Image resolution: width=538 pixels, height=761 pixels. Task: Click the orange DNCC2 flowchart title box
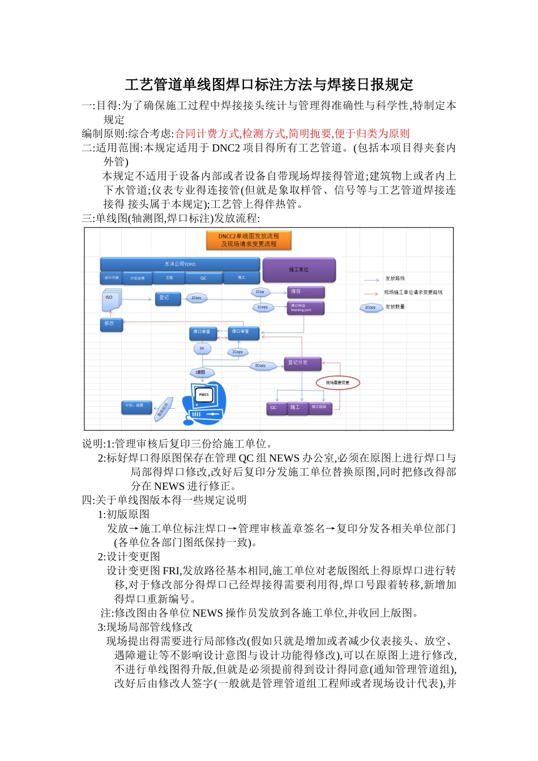pos(249,240)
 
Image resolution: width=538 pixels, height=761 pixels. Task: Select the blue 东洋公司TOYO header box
pos(180,264)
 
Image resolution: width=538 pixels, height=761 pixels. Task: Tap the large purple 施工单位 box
pos(299,270)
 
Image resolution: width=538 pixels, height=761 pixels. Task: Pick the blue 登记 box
pos(168,298)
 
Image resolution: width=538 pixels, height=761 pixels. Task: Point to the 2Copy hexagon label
pos(197,298)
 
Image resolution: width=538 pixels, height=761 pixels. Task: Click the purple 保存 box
pos(306,292)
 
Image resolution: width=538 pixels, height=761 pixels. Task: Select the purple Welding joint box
pos(306,307)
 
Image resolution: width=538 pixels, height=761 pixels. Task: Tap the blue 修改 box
pos(112,324)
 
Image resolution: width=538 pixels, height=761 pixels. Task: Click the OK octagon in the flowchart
pos(202,349)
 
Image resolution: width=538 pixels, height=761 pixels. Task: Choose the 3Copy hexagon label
pos(260,366)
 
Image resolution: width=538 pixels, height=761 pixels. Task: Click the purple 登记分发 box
pos(302,363)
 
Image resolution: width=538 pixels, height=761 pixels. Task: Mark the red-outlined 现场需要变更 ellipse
pos(338,383)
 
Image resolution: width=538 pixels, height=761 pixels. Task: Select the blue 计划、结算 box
pos(136,406)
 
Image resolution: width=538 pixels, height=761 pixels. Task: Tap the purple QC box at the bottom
pos(275,408)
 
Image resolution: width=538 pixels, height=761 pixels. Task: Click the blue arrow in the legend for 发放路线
pos(372,280)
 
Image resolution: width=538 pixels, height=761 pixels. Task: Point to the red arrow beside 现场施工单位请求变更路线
pos(372,293)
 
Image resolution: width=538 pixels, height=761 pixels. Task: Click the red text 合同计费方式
pos(207,134)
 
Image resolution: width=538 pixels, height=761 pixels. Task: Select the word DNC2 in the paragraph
pos(226,148)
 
